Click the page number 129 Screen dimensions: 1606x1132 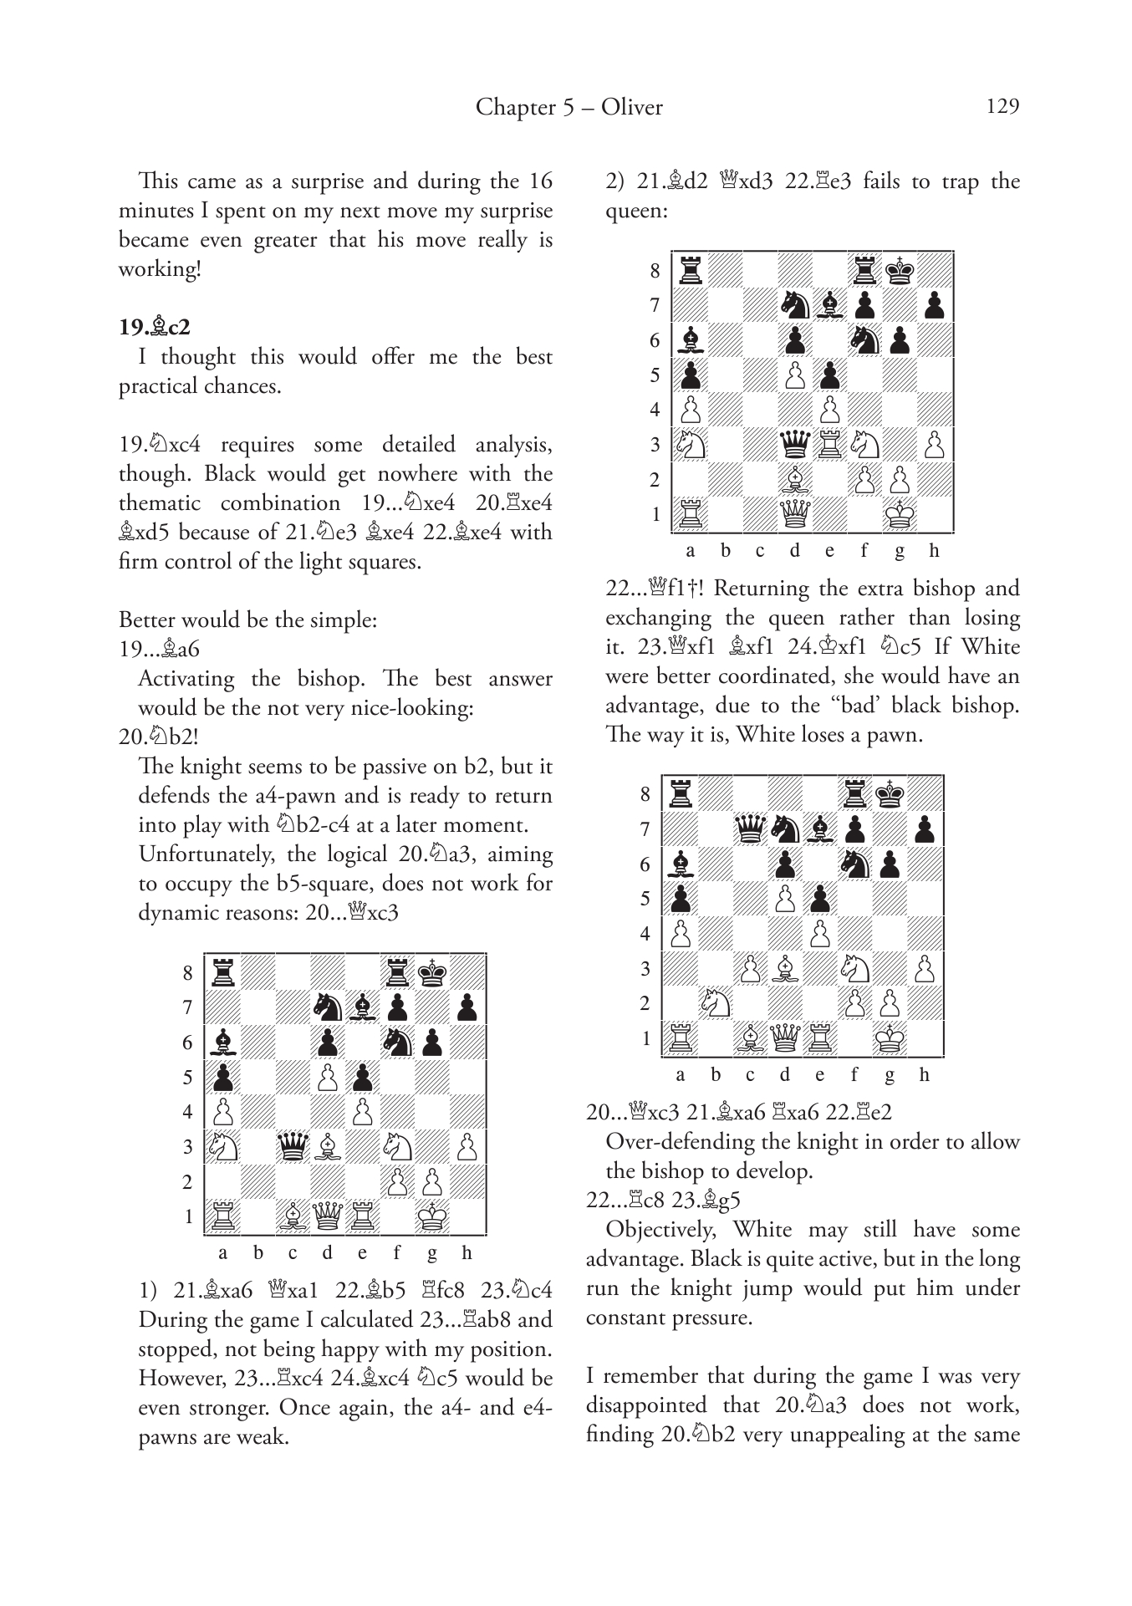pyautogui.click(x=1002, y=106)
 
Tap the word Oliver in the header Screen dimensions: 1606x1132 pyautogui.click(x=632, y=107)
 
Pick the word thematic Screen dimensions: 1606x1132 pyautogui.click(x=165, y=502)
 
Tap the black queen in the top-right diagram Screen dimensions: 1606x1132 pyautogui.click(x=794, y=444)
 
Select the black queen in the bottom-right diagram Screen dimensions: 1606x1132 pyautogui.click(x=750, y=829)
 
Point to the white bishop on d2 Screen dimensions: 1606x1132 pyautogui.click(x=794, y=479)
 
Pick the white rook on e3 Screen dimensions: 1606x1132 pyautogui.click(x=829, y=444)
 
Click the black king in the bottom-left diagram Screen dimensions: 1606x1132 pyautogui.click(x=432, y=972)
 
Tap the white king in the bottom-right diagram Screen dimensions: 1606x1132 pyautogui.click(x=890, y=1038)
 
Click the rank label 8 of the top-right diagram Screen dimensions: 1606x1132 pyautogui.click(x=655, y=270)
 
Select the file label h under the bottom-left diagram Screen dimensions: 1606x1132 pyautogui.click(x=467, y=1252)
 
